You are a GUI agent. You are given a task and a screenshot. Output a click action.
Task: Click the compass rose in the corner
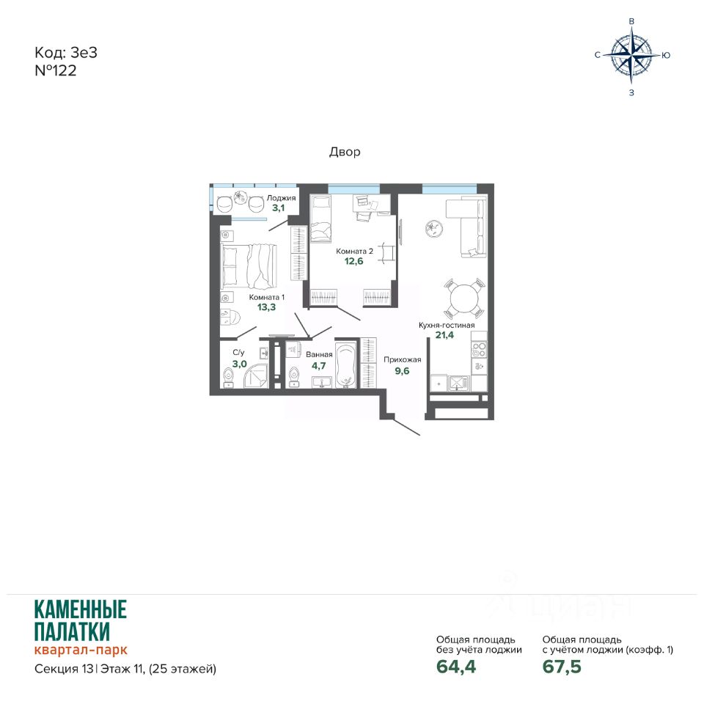(631, 55)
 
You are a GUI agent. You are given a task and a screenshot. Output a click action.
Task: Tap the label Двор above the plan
(345, 152)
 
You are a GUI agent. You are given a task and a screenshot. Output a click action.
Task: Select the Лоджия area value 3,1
(279, 208)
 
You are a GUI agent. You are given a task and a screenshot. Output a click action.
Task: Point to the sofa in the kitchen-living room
(467, 228)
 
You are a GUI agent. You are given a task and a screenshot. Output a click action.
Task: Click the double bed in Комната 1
(249, 265)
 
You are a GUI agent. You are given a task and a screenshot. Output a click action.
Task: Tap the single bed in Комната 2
(321, 219)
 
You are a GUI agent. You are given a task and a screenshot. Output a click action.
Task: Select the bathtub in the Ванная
(345, 365)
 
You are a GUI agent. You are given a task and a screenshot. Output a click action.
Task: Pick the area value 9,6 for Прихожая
(402, 371)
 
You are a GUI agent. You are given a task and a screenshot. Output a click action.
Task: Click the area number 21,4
(444, 335)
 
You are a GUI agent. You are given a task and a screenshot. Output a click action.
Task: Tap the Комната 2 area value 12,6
(353, 261)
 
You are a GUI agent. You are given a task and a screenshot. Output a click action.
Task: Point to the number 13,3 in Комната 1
(266, 307)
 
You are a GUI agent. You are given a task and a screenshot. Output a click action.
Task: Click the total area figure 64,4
(456, 667)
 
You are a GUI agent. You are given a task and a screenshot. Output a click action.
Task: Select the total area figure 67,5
(562, 667)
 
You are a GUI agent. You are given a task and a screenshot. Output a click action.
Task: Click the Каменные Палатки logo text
(81, 621)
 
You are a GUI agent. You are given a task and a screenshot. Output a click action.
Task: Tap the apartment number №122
(56, 70)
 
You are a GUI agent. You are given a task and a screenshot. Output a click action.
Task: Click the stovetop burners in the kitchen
(479, 349)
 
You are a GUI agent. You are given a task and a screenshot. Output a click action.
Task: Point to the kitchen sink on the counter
(458, 383)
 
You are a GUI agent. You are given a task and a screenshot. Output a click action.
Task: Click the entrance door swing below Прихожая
(407, 427)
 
